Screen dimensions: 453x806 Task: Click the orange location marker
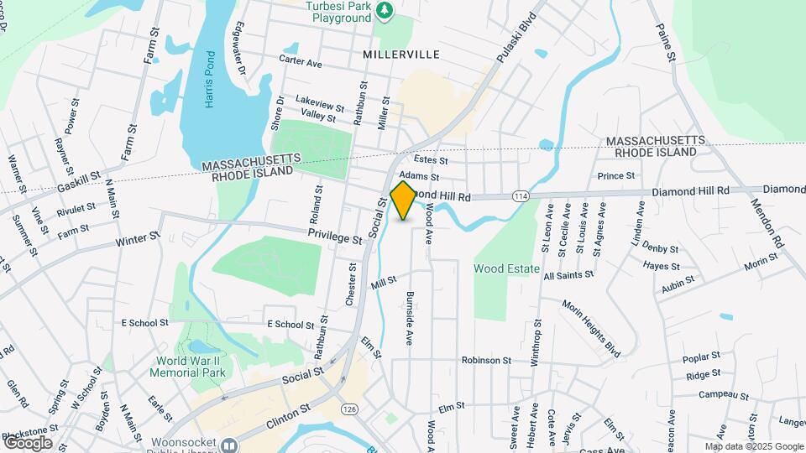point(403,200)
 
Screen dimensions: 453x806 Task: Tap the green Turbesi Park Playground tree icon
point(385,10)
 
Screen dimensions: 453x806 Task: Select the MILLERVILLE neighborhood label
point(401,54)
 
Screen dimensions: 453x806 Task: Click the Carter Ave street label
point(301,63)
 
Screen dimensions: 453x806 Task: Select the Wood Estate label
point(506,268)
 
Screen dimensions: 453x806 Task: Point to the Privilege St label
point(334,237)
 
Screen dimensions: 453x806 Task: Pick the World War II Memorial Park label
point(190,367)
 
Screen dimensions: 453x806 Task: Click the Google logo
point(28,442)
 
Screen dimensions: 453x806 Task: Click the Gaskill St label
point(78,181)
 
